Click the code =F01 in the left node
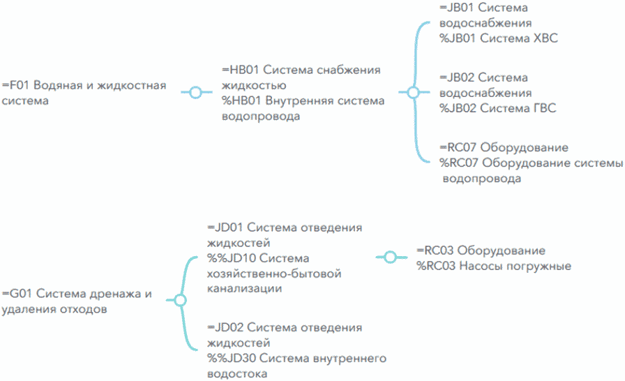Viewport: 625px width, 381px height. click(16, 86)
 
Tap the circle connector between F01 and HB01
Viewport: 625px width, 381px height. click(196, 92)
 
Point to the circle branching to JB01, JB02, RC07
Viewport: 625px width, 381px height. click(413, 92)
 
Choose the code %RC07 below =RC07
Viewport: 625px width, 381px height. click(459, 163)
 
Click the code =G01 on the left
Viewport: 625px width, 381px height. click(17, 294)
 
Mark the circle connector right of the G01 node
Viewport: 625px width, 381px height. click(179, 301)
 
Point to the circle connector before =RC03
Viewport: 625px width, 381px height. click(390, 257)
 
